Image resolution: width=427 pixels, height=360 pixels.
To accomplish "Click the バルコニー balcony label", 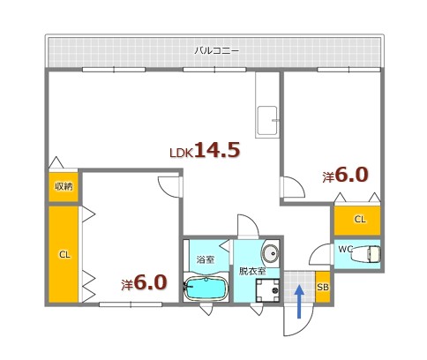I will pos(217,50).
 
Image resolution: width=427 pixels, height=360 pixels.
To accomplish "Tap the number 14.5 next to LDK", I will pos(217,150).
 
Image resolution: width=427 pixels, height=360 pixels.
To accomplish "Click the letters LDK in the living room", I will pos(181,153).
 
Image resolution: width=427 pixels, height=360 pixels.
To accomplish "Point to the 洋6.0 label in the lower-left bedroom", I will pos(144,282).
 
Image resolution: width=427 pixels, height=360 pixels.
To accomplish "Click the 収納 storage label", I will pos(63,185).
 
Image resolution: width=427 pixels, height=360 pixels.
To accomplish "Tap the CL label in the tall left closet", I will pos(64,255).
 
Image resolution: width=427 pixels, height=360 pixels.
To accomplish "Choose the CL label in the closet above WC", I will pos(359,219).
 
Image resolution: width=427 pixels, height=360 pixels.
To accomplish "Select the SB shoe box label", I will pos(322,287).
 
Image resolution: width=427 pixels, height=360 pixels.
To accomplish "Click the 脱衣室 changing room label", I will pos(252,272).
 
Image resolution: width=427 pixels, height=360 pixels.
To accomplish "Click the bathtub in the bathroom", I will pos(206,289).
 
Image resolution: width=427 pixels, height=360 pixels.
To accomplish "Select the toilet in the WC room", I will pos(369,254).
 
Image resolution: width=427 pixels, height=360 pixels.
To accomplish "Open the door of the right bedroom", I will pos(289,188).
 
